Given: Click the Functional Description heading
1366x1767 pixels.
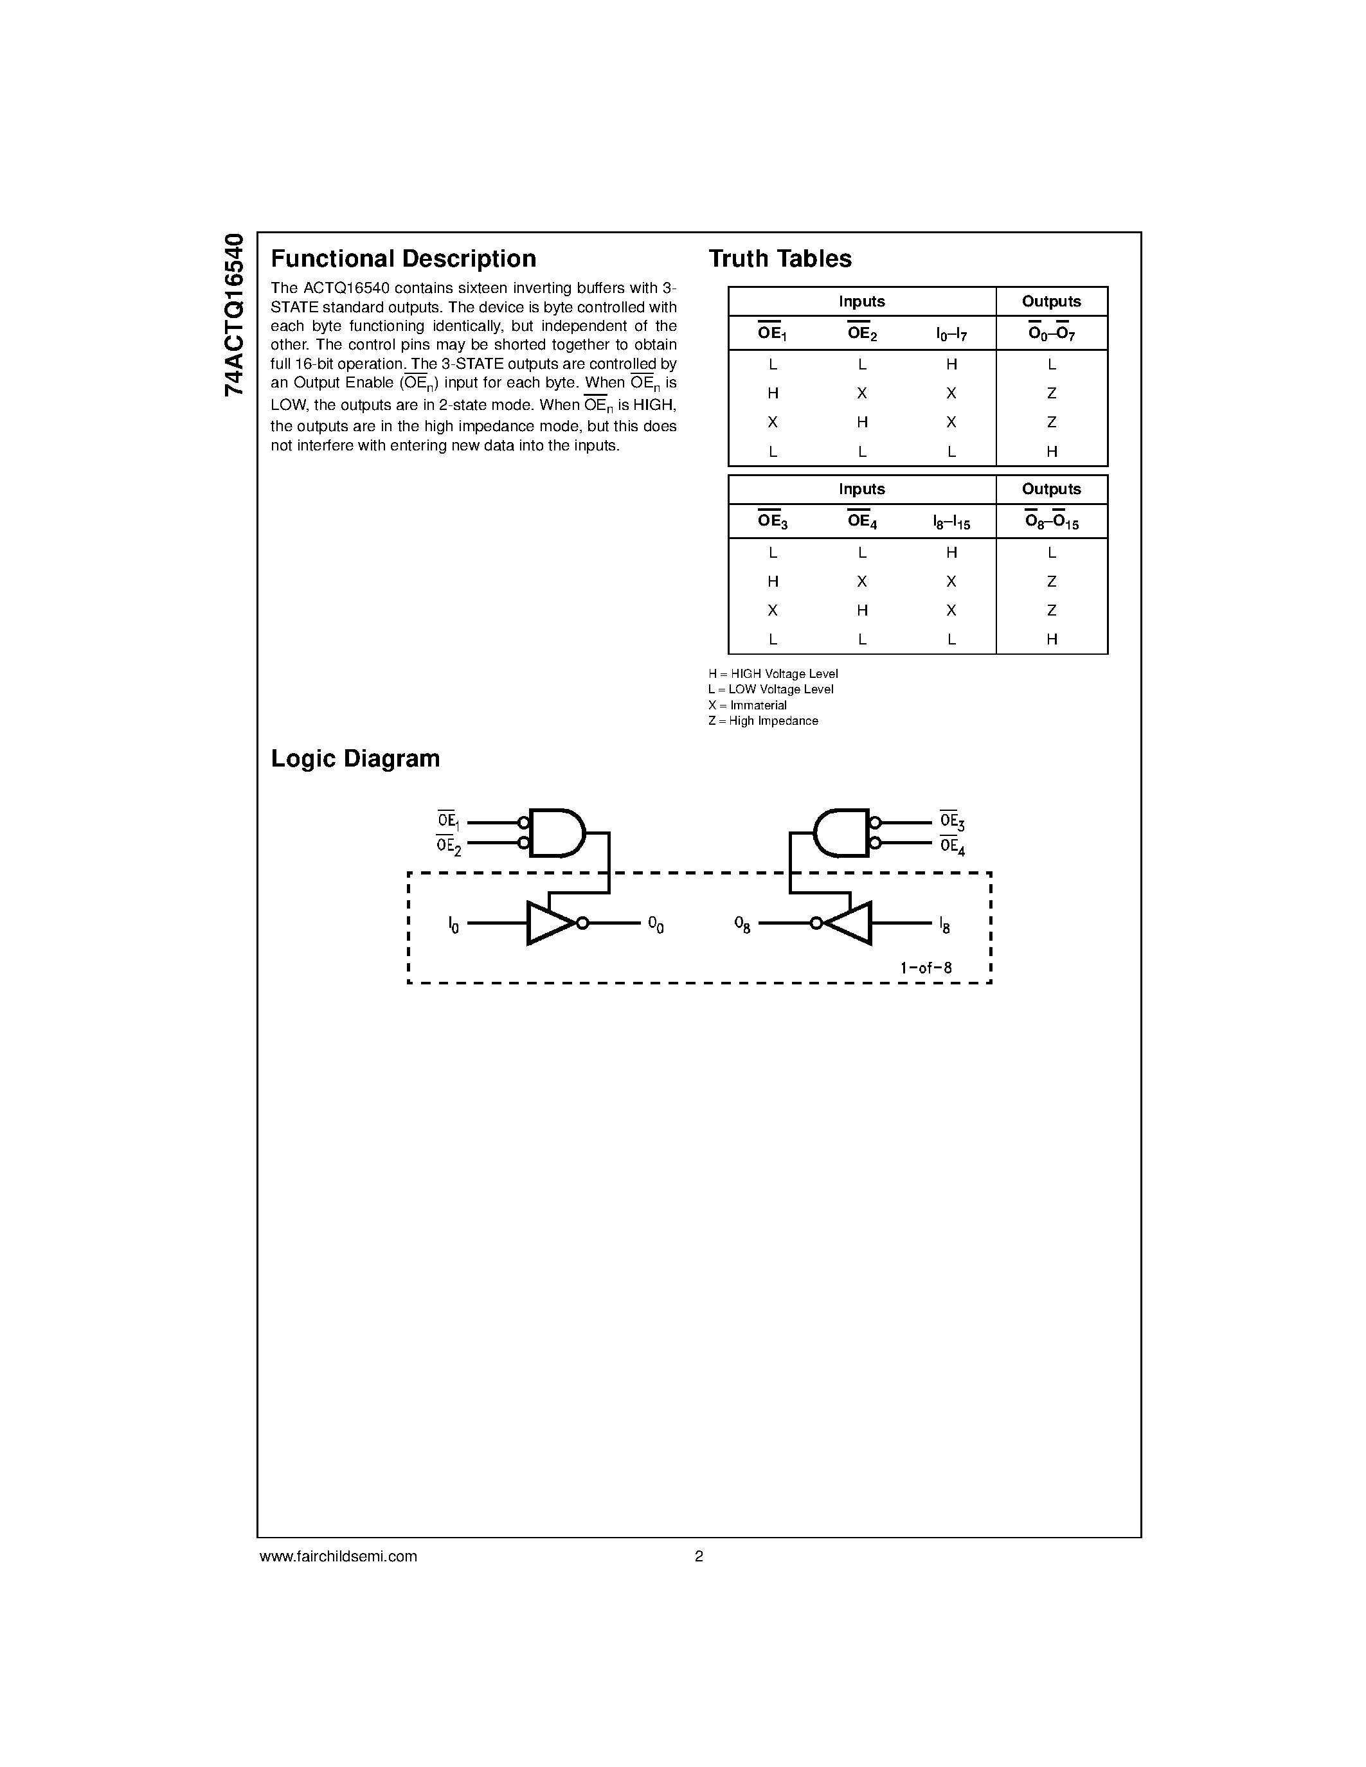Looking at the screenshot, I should (403, 259).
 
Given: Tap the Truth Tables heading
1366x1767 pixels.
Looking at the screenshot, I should (779, 259).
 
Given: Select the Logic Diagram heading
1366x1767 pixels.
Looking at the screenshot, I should (355, 759).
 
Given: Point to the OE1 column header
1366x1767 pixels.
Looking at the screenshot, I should (772, 333).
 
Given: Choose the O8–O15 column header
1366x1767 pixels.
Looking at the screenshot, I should (1051, 522).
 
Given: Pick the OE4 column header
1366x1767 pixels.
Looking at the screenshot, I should (862, 522).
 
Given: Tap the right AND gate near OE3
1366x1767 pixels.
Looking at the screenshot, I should (841, 833).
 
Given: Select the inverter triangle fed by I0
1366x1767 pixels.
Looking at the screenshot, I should (551, 923).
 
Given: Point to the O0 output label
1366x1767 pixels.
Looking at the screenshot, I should (656, 925).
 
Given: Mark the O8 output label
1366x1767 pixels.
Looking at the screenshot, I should (742, 925).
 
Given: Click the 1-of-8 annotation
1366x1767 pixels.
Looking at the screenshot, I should (926, 968).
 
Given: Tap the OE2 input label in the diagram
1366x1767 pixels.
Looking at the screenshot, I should (448, 846).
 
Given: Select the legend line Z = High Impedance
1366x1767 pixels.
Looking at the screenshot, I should (762, 721).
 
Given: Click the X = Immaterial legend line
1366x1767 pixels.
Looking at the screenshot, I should (747, 706).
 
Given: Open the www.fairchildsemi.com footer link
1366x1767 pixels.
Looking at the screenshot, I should (338, 1556).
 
